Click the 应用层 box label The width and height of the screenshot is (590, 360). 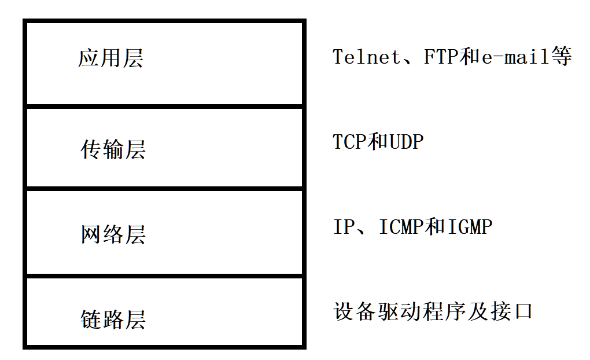tap(110, 58)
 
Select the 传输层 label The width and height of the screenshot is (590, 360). tap(112, 149)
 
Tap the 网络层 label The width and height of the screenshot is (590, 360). tap(112, 234)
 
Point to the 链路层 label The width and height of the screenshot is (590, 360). tap(112, 319)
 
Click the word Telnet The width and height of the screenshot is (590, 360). tap(367, 57)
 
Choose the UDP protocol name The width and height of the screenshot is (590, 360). tap(406, 142)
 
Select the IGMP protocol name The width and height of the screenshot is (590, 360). tap(469, 227)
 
